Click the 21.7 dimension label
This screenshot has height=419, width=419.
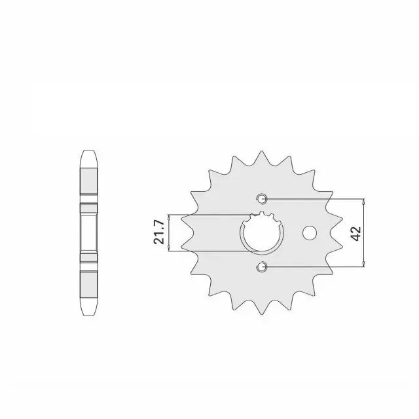[158, 232]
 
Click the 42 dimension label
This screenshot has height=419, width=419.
[357, 233]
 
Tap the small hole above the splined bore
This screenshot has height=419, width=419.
[262, 198]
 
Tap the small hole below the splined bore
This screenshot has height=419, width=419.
[262, 266]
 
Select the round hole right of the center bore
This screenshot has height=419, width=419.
[310, 233]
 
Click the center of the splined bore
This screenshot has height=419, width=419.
[262, 232]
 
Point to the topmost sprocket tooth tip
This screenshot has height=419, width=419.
[262, 151]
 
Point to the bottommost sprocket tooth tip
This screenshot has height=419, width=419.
[262, 314]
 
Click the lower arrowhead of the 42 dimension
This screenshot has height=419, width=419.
[363, 264]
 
